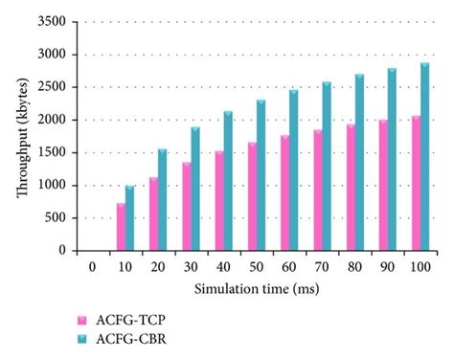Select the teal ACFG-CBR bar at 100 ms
pyautogui.click(x=424, y=157)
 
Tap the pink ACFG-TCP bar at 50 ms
pyautogui.click(x=253, y=196)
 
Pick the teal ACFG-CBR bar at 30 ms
pyautogui.click(x=195, y=189)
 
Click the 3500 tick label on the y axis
pyautogui.click(x=53, y=22)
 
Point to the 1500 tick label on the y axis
pyautogui.click(x=53, y=153)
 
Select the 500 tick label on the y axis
pyautogui.click(x=56, y=218)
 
